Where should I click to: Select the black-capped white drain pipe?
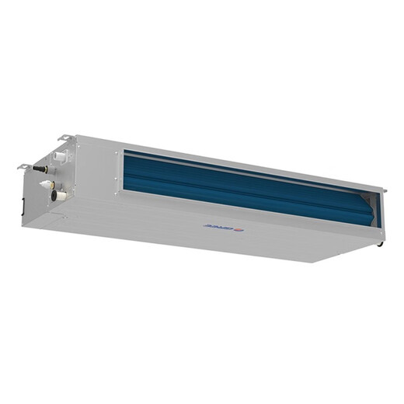click(57, 196)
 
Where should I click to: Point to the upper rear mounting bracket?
click(67, 139)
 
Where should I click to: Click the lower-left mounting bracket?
click(25, 165)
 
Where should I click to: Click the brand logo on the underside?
click(221, 226)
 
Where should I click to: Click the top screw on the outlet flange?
click(117, 153)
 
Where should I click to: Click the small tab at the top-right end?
click(384, 190)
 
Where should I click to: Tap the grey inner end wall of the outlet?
click(372, 210)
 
